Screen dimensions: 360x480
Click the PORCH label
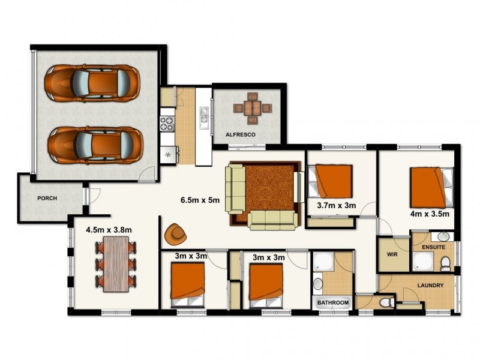pos(47,199)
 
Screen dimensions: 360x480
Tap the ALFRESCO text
pos(241,135)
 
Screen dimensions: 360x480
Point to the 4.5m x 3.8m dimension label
pos(109,229)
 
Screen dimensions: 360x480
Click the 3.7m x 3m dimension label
pos(336,205)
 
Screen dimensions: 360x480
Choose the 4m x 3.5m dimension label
pos(430,213)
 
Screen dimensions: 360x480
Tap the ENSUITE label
pos(433,247)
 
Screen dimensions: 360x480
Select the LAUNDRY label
pos(430,286)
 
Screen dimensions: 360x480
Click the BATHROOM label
pos(333,303)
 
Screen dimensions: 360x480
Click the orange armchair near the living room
pos(175,233)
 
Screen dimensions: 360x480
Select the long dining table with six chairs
pos(116,263)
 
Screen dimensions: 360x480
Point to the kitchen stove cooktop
pos(166,124)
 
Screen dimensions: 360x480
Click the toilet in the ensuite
pos(445,263)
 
